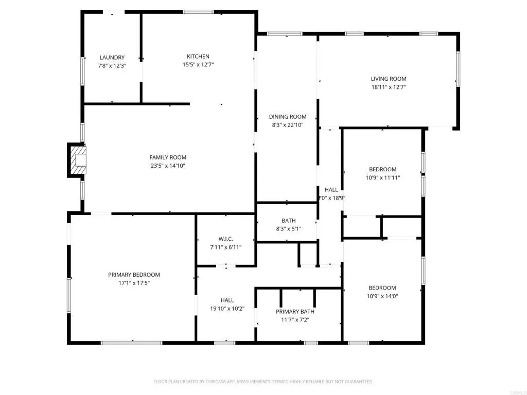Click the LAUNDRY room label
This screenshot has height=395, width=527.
(112, 58)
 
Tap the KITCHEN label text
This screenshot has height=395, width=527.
(198, 57)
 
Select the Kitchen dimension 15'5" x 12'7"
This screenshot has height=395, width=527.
(198, 65)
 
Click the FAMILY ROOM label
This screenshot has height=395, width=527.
(168, 157)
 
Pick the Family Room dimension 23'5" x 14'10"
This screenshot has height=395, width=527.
(168, 166)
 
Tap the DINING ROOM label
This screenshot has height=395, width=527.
(288, 117)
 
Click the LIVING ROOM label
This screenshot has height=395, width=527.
(389, 79)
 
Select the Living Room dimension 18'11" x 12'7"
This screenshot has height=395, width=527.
(389, 87)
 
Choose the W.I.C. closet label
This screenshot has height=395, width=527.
(225, 239)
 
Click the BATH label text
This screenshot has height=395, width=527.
(288, 221)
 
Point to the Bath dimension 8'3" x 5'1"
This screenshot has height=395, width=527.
(288, 229)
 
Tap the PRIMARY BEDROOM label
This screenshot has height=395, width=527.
(134, 275)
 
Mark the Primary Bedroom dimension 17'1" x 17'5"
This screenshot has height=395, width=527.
(134, 283)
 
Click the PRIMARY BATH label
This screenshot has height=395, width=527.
(295, 311)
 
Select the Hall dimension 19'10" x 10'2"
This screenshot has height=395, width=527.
(227, 309)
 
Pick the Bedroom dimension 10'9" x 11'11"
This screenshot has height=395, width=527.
(382, 178)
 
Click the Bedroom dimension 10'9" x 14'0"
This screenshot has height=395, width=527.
(382, 296)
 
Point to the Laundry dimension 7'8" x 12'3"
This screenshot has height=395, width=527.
(112, 66)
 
